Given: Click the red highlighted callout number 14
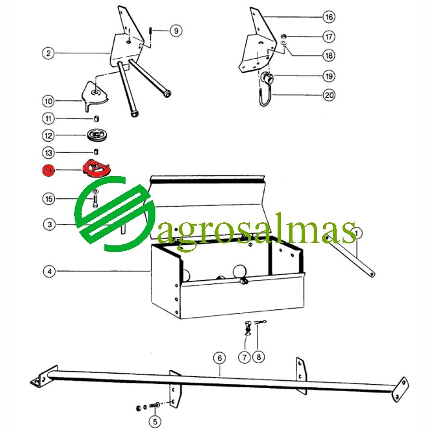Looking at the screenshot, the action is click(x=48, y=170).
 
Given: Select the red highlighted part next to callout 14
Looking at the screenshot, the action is click(x=96, y=168).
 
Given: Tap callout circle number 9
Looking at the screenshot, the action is click(x=176, y=30).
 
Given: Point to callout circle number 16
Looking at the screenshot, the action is click(x=329, y=17).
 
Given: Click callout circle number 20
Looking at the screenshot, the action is click(x=329, y=95).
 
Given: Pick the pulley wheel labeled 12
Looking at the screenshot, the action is click(x=97, y=135).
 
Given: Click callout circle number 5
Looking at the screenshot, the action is click(x=155, y=421).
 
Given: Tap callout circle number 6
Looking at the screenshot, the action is click(x=219, y=358).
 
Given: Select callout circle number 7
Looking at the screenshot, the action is click(x=244, y=357).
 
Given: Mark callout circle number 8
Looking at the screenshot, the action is click(x=258, y=357).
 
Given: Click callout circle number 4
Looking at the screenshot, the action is click(x=50, y=271).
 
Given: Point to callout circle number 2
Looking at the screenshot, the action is click(x=48, y=53).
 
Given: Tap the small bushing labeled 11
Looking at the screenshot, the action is click(x=96, y=119).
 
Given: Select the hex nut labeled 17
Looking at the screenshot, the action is click(x=283, y=36).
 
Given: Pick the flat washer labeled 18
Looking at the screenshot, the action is click(x=283, y=43).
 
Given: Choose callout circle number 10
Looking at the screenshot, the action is click(x=48, y=101).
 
